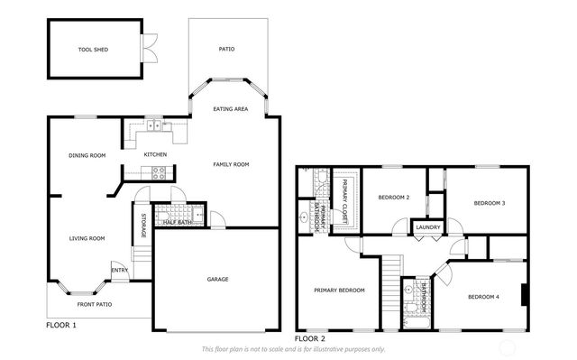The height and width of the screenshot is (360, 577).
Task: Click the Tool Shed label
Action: coord(94,50)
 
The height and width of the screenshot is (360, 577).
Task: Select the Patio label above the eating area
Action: coord(226,49)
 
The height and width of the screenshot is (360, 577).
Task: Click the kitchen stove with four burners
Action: coord(157,171)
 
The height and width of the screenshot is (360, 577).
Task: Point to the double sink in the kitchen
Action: coord(155,126)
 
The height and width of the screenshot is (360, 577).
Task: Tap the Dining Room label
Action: coord(87,155)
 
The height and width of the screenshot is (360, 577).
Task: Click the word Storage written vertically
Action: coord(143,226)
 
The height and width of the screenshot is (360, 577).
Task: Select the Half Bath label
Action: coord(177,222)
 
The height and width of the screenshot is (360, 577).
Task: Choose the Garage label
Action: coord(217,279)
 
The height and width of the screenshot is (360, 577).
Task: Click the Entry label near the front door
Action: coord(119,270)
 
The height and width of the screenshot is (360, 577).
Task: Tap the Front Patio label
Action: coord(94,304)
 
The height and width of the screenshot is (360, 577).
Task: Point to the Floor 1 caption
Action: coord(61,324)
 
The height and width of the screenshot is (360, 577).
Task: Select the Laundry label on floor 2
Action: coord(427,227)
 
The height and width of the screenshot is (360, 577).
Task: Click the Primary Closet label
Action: coord(344,200)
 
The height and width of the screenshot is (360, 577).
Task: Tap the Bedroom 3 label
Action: coord(490,203)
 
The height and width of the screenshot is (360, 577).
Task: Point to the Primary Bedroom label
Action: coord(339,290)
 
